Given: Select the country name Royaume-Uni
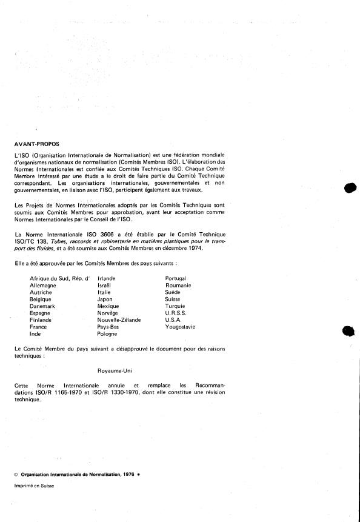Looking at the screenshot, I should [115, 369].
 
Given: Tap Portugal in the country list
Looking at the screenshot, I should [176, 278].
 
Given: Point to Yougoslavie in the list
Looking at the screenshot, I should [180, 327].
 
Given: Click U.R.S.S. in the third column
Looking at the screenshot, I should [177, 312].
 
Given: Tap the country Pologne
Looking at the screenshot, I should [107, 333].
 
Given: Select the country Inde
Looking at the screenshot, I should [35, 333].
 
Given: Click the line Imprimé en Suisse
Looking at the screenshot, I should [33, 486].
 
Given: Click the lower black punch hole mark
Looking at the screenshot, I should [348, 331].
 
